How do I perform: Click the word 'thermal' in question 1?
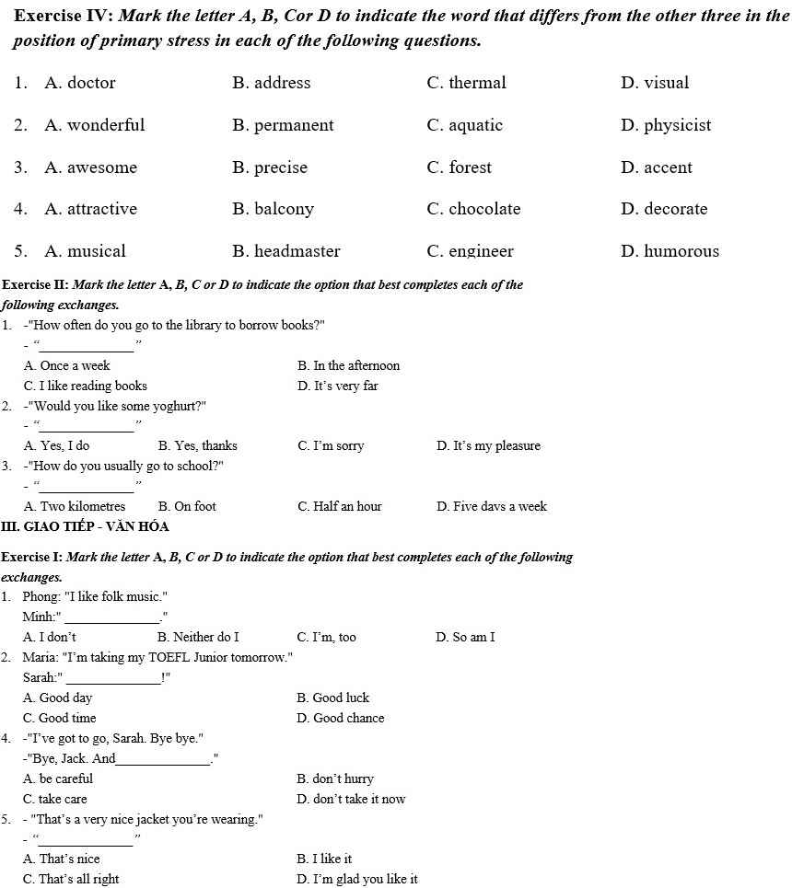[477, 83]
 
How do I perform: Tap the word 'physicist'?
[677, 125]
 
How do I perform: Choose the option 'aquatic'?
[475, 125]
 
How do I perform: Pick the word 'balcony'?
[284, 209]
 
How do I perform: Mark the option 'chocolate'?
[484, 209]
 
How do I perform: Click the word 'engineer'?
[481, 251]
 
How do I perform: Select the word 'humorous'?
[681, 251]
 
